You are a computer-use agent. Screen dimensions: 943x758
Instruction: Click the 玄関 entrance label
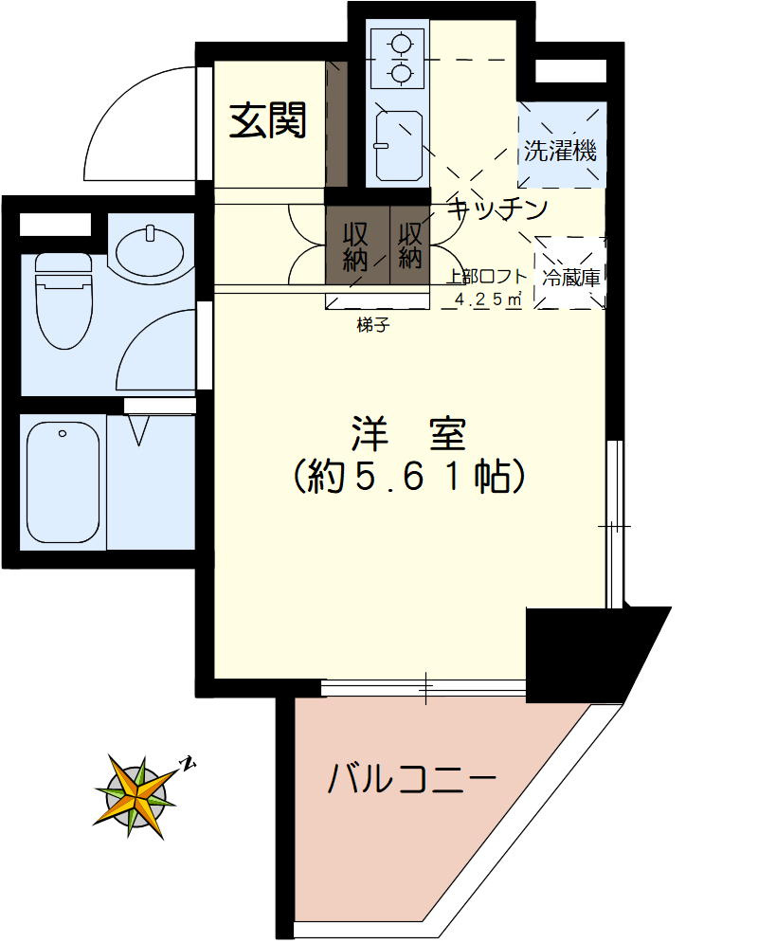pos(269,120)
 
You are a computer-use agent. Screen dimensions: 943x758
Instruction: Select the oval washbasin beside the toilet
pos(150,249)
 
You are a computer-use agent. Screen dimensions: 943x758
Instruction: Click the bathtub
pos(63,481)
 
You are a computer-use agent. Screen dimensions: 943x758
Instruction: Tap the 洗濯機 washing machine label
pos(562,150)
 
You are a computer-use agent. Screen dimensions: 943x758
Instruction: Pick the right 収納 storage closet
pos(409,245)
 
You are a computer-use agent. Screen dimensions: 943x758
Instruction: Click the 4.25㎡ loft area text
pos(490,299)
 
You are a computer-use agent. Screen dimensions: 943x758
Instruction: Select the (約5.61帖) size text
pos(409,477)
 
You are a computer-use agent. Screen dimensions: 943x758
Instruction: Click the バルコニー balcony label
pos(412,780)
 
